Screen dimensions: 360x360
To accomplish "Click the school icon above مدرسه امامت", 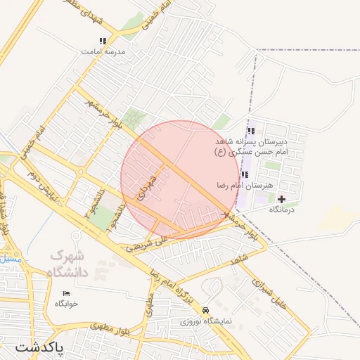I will coord(103,41).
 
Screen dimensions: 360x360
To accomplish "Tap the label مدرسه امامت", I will coord(103,52).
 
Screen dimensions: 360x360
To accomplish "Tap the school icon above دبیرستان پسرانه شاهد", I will coord(251,131).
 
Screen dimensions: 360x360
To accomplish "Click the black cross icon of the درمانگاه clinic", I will coord(282,200).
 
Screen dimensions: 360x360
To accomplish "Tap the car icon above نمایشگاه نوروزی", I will coord(205,310).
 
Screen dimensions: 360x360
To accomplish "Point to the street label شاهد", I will coord(240,260).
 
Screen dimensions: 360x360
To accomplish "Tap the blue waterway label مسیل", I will coord(11,259).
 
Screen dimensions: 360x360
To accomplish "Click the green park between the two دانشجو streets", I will coord(102,217).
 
